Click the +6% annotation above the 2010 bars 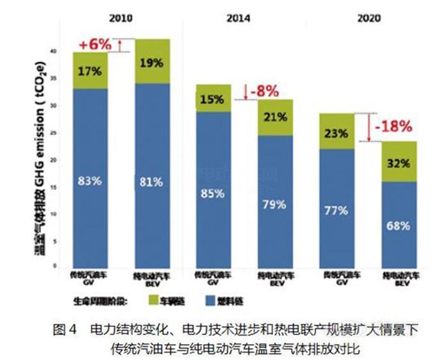click(x=95, y=45)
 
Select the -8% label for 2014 click(x=264, y=91)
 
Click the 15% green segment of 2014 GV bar click(x=213, y=100)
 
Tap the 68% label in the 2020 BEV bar click(x=398, y=225)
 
